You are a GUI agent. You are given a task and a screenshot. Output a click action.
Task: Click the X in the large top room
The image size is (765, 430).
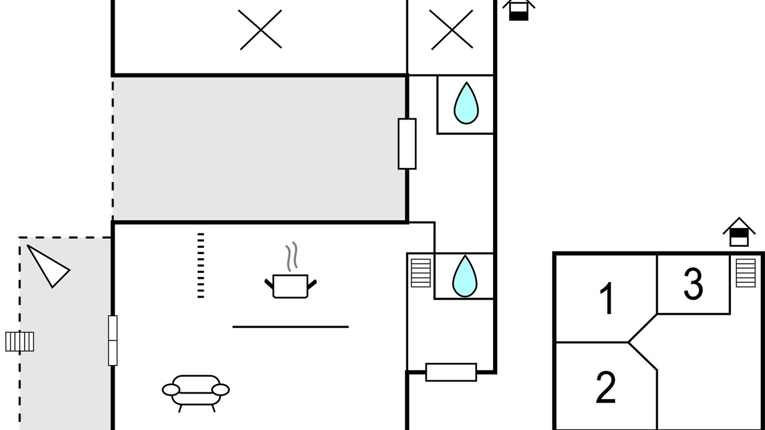tap(261, 30)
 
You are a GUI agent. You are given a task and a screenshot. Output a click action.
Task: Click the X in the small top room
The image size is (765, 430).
tap(451, 30)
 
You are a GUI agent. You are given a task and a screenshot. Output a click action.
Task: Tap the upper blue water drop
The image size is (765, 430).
tap(466, 103)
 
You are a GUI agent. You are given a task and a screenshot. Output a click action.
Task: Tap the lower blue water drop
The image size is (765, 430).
tap(465, 277)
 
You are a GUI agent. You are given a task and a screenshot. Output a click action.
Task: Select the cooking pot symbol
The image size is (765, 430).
tap(290, 286)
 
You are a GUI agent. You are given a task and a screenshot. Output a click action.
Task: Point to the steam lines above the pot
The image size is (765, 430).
tap(292, 257)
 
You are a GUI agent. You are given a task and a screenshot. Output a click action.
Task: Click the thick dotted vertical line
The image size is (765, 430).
tap(201, 266)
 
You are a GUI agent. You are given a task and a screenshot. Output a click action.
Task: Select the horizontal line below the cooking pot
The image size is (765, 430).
tap(290, 327)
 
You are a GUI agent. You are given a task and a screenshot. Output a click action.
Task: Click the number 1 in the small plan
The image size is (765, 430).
tap(607, 298)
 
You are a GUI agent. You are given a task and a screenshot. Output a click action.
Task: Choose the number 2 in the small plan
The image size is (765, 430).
tap(606, 387)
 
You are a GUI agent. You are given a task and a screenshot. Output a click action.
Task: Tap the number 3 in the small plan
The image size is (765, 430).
tap(693, 284)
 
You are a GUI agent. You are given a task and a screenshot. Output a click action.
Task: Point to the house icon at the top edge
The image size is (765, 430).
tap(519, 10)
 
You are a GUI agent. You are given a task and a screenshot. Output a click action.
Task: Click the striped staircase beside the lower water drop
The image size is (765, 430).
tap(421, 273)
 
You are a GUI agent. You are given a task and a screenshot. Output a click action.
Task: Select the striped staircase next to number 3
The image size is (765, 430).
tap(745, 273)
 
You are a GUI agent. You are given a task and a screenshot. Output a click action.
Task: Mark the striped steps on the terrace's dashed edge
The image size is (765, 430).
tap(20, 342)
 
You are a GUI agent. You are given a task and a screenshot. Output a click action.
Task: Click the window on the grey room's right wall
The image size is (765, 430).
tap(407, 144)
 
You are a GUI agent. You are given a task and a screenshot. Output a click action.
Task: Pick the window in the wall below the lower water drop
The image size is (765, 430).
tap(451, 372)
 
